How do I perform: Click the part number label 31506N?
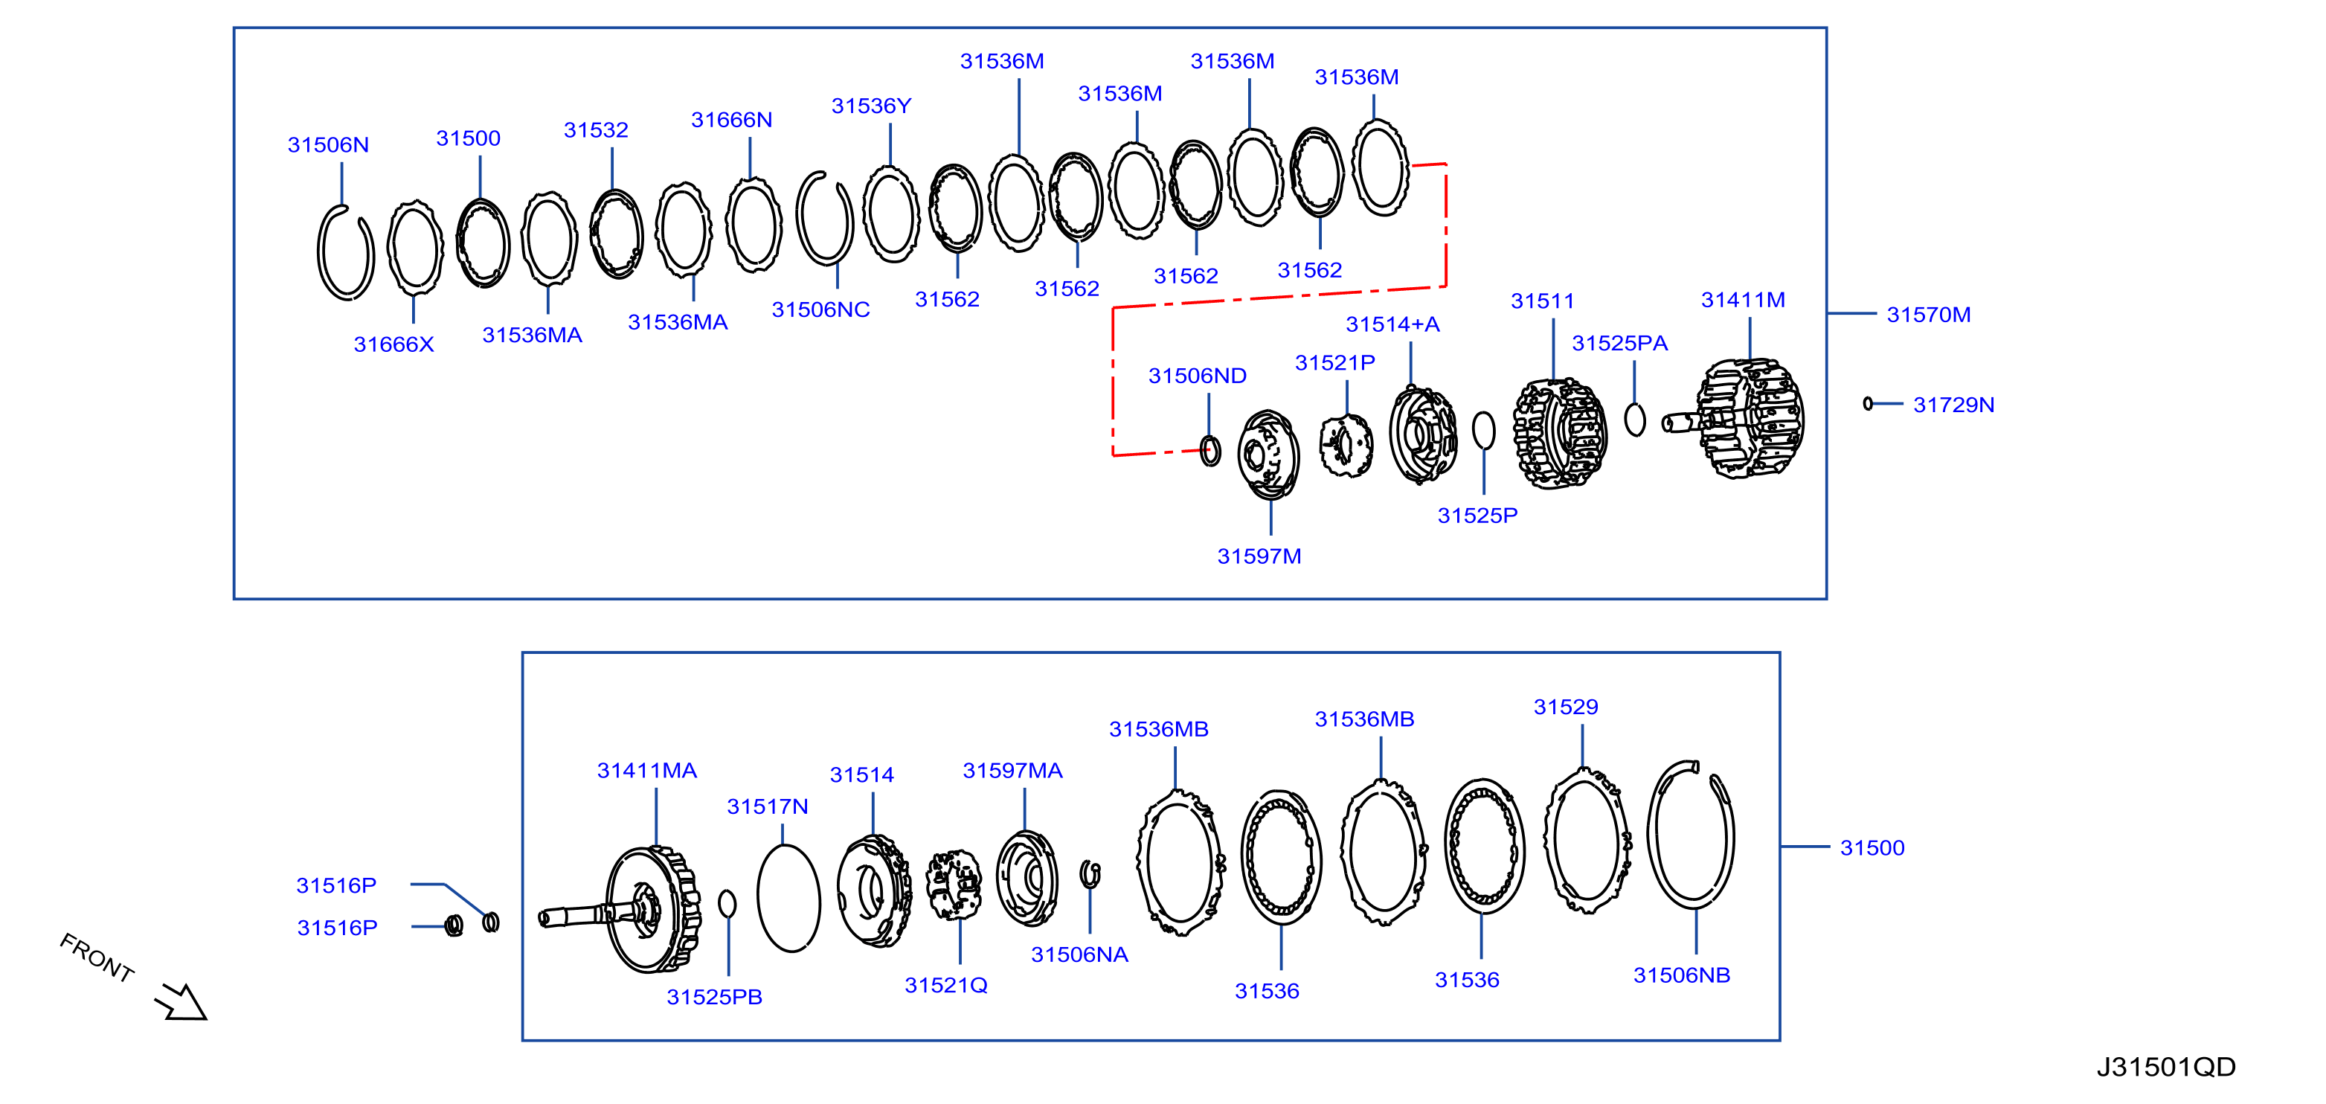point(328,144)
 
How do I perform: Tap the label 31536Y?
point(871,106)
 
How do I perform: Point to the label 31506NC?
point(820,309)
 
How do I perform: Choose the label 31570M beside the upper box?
point(1928,315)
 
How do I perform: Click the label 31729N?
point(1953,405)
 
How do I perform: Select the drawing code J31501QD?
point(2165,1067)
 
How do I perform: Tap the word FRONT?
point(97,957)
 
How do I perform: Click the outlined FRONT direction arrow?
point(183,1002)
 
